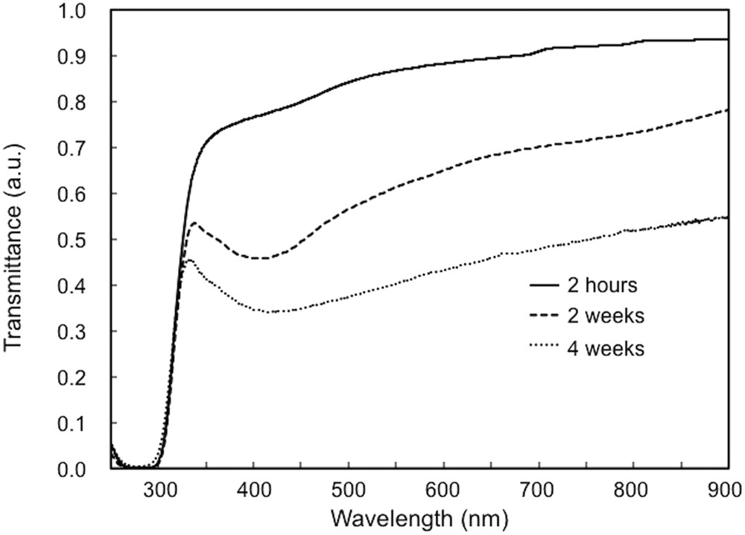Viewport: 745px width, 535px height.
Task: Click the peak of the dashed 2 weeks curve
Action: click(x=194, y=223)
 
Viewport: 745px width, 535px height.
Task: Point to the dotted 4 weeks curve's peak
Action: click(x=189, y=259)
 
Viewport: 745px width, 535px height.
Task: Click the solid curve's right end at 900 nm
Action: click(x=727, y=39)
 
